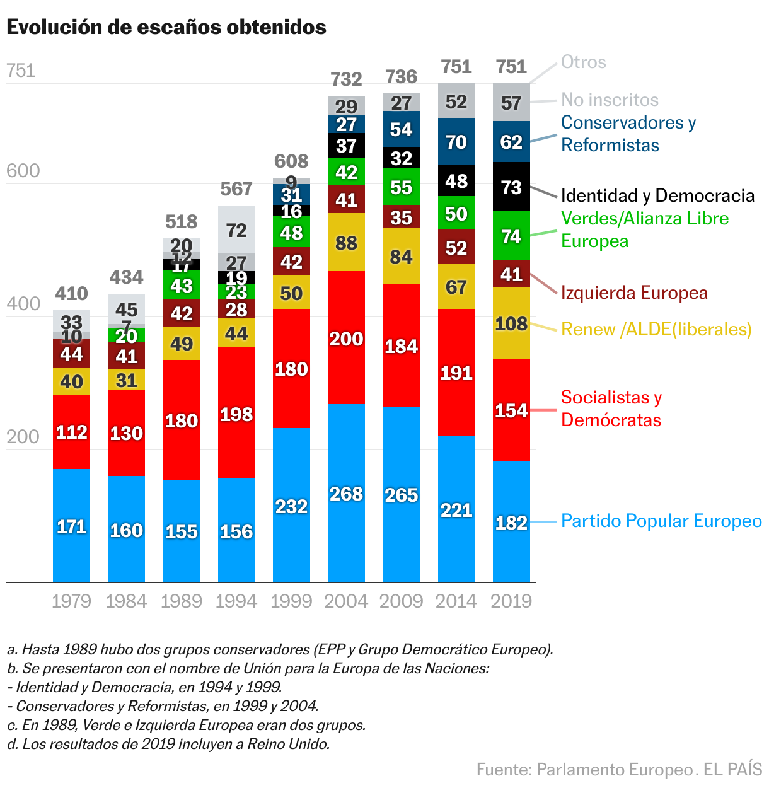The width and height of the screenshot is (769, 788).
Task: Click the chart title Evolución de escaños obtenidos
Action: [x=166, y=27]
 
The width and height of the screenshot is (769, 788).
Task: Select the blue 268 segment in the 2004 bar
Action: [x=346, y=494]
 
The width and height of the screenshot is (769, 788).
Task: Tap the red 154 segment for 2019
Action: [x=511, y=410]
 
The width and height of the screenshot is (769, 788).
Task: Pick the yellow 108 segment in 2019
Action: [x=511, y=323]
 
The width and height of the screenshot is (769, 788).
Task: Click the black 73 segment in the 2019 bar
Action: [x=511, y=187]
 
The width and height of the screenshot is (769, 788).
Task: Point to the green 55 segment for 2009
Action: [x=401, y=187]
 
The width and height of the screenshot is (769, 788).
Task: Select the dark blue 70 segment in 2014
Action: [x=456, y=142]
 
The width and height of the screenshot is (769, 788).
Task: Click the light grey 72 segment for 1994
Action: [x=236, y=230]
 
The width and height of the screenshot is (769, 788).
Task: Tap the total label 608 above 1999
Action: [x=291, y=161]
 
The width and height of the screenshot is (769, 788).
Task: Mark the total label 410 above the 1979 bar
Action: [x=71, y=294]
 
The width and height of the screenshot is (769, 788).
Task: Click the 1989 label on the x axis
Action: [x=182, y=601]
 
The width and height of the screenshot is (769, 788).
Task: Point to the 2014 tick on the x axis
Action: [x=456, y=601]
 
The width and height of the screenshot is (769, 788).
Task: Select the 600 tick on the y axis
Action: [x=23, y=171]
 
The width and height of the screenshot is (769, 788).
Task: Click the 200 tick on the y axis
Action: [x=23, y=437]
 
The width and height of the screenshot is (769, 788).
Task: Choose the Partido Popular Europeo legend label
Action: [x=661, y=521]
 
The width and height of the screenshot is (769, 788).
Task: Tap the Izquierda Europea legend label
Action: [x=634, y=293]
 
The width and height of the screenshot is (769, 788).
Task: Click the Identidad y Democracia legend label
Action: [x=657, y=195]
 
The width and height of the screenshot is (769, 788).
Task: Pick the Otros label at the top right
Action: [x=584, y=62]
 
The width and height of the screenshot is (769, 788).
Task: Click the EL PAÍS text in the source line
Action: [x=732, y=770]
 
